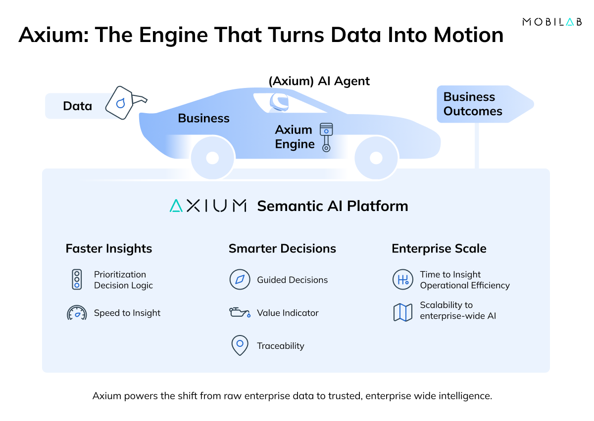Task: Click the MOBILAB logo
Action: click(552, 22)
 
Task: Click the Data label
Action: click(77, 106)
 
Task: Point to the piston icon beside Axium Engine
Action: click(325, 137)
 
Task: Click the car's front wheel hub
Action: click(376, 158)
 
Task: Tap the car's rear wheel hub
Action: click(212, 158)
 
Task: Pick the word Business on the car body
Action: click(203, 119)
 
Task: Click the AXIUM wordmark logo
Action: click(208, 206)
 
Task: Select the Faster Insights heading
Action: click(109, 249)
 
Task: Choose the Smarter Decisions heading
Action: click(282, 249)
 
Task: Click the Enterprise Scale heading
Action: click(439, 249)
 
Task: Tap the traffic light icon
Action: click(77, 280)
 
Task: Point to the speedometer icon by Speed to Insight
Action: click(77, 313)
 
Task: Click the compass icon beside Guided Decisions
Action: click(240, 280)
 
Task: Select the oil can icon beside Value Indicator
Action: click(240, 313)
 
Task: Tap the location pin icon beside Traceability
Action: click(240, 345)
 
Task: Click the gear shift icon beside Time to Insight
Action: click(402, 280)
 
